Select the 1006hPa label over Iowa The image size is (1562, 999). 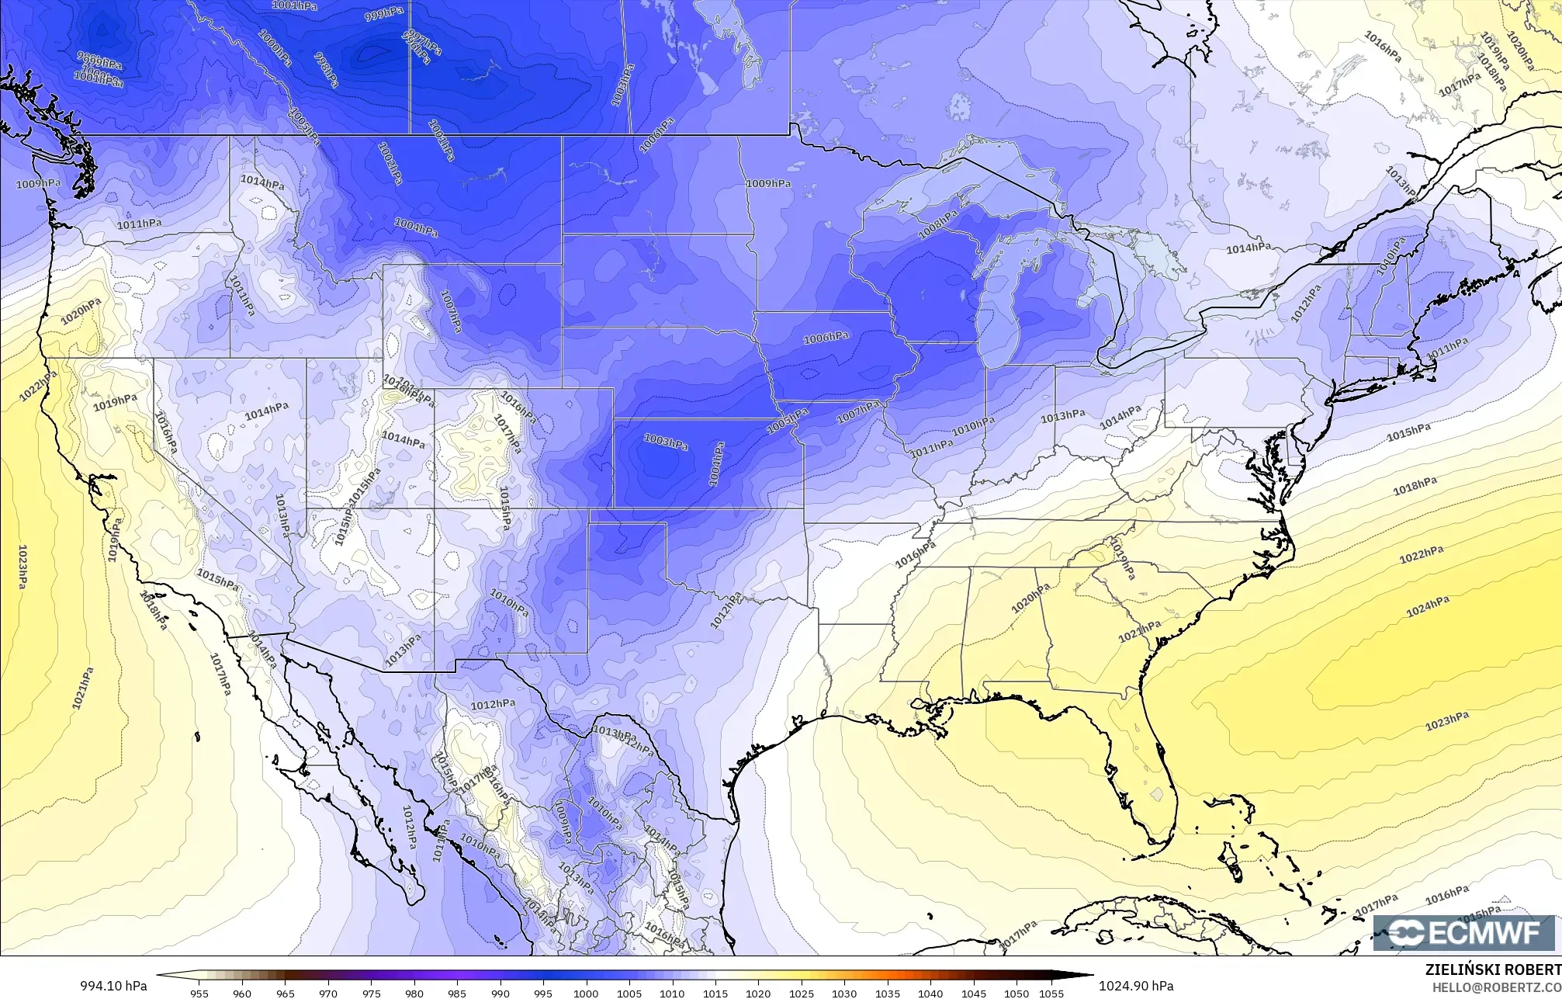pos(826,338)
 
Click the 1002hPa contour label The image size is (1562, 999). pos(390,162)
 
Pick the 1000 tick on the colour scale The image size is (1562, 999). pos(586,993)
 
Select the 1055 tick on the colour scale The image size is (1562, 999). pos(1051,993)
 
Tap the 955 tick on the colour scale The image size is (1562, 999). pos(199,993)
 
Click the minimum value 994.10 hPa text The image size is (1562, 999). pos(113,986)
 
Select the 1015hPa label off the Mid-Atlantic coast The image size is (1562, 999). pos(1408,432)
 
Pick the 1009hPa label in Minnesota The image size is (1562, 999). pos(768,183)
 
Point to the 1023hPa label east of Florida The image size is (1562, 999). pos(1447,722)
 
